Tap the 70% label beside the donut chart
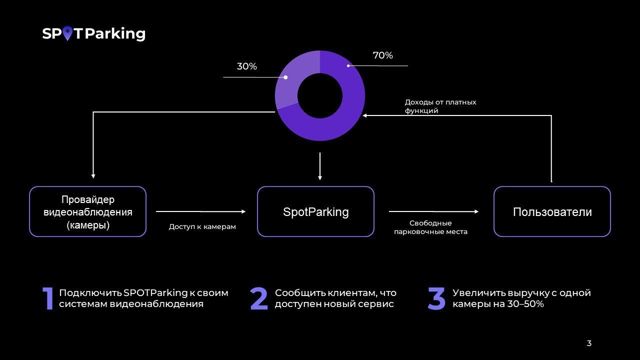[x=382, y=55]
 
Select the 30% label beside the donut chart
[x=246, y=66]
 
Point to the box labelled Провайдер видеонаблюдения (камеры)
[x=88, y=211]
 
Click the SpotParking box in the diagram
[x=315, y=211]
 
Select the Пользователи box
[x=552, y=211]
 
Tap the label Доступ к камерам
[x=202, y=226]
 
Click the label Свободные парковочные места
[x=430, y=227]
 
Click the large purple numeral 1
[x=48, y=298]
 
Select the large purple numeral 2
[x=259, y=298]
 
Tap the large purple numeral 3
[x=436, y=298]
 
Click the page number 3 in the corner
[x=589, y=343]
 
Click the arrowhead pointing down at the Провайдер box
[x=93, y=175]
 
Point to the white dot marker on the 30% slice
[x=285, y=77]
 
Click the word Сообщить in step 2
[x=299, y=293]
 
